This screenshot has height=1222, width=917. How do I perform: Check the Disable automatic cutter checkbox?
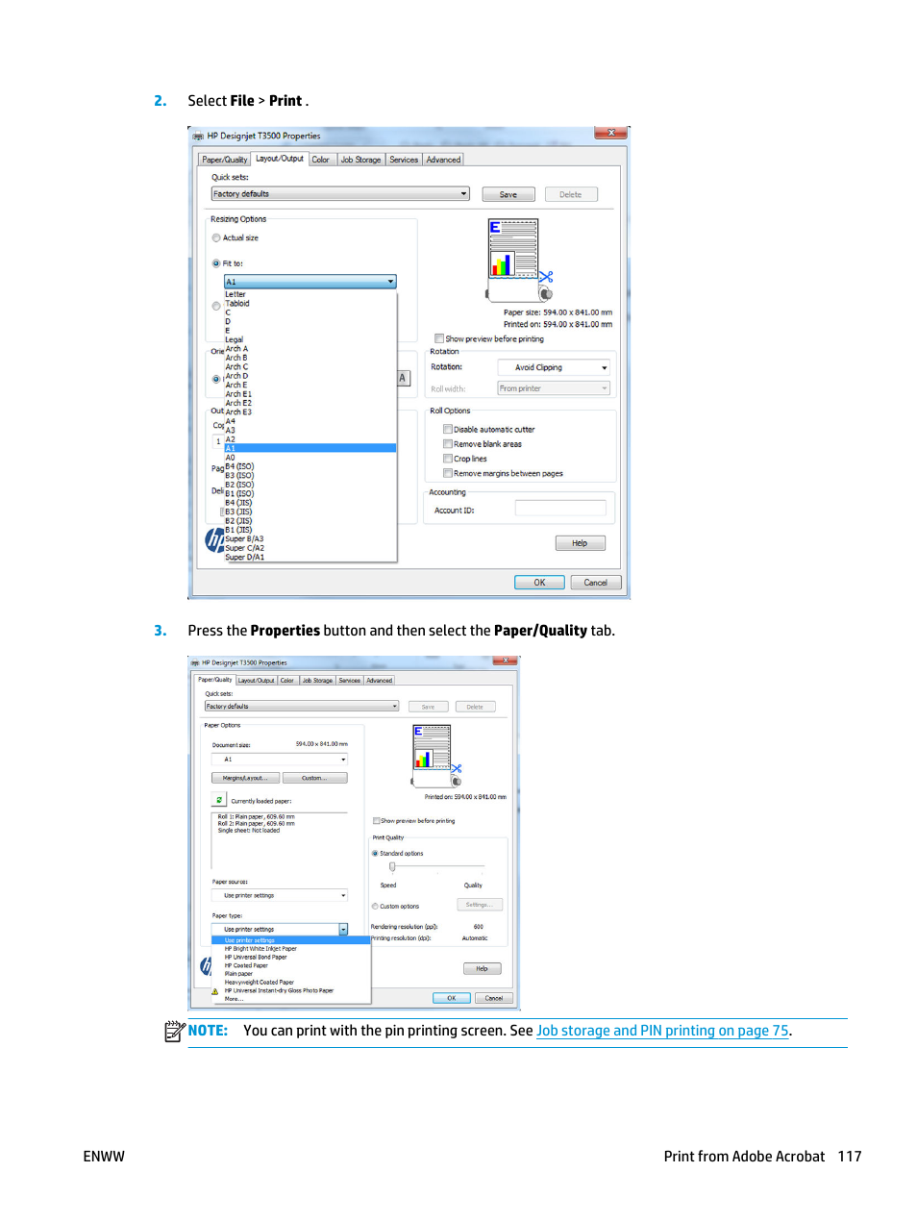448,430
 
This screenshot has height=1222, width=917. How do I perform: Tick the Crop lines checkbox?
448,459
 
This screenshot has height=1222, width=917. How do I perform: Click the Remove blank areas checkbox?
448,444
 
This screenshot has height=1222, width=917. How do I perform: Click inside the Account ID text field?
560,509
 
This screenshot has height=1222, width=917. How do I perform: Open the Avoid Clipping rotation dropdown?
554,367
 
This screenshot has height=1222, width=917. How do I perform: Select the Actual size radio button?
216,238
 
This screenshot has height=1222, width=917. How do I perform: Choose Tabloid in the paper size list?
237,304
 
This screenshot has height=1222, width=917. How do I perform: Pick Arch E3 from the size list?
238,412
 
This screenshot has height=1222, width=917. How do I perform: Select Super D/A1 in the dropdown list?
244,558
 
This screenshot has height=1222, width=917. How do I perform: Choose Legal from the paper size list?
234,339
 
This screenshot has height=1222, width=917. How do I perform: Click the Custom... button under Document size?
314,778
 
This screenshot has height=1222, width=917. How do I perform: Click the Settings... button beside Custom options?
479,905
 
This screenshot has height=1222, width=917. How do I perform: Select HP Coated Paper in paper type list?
246,965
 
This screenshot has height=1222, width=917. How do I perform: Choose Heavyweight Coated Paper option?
259,983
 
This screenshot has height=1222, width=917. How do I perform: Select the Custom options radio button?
375,907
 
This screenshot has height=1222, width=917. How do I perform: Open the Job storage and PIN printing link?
663,1031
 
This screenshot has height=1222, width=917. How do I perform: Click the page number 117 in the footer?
849,1157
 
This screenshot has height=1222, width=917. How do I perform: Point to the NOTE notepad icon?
174,1031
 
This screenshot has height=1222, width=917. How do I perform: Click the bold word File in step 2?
242,101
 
